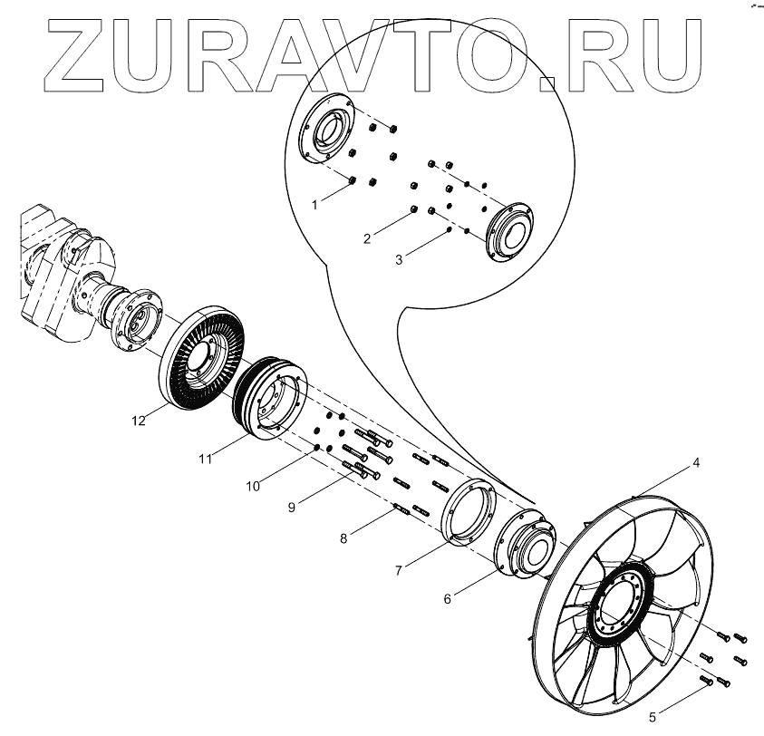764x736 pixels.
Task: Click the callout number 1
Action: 314,206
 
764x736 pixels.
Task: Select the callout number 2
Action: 367,239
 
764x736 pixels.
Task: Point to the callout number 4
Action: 696,462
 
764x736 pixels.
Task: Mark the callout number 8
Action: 344,538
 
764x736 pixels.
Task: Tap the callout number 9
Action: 292,508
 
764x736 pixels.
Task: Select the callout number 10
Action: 253,486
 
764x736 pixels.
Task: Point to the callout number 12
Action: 138,421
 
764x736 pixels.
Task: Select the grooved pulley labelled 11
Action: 268,399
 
